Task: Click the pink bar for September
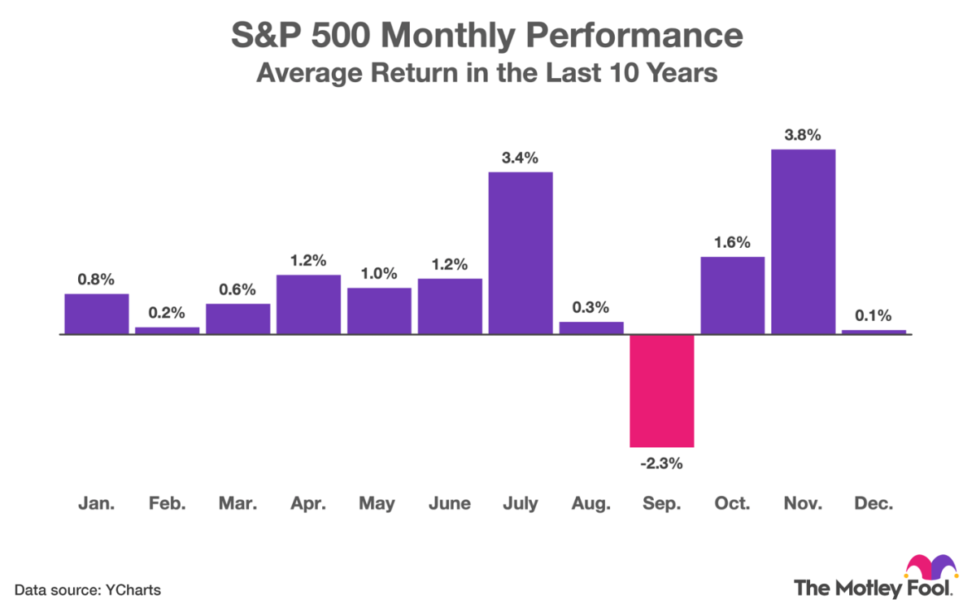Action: (x=661, y=390)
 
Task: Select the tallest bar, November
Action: (x=803, y=241)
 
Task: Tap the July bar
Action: (x=520, y=253)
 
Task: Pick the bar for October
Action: (x=732, y=295)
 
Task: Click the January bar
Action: (x=97, y=314)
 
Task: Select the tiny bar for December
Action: (x=874, y=332)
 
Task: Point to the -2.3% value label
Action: (x=661, y=465)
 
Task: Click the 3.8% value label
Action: (x=803, y=135)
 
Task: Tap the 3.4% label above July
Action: (x=520, y=158)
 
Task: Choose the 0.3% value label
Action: (x=590, y=307)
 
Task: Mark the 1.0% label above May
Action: (x=379, y=273)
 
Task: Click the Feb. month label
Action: (x=168, y=504)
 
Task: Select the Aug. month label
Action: (x=590, y=504)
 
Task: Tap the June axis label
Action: (x=449, y=504)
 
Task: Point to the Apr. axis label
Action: (x=308, y=504)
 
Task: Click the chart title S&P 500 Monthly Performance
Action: (x=487, y=37)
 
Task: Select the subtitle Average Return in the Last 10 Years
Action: (x=487, y=73)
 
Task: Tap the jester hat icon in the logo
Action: (x=930, y=566)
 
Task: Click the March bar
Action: (x=237, y=319)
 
